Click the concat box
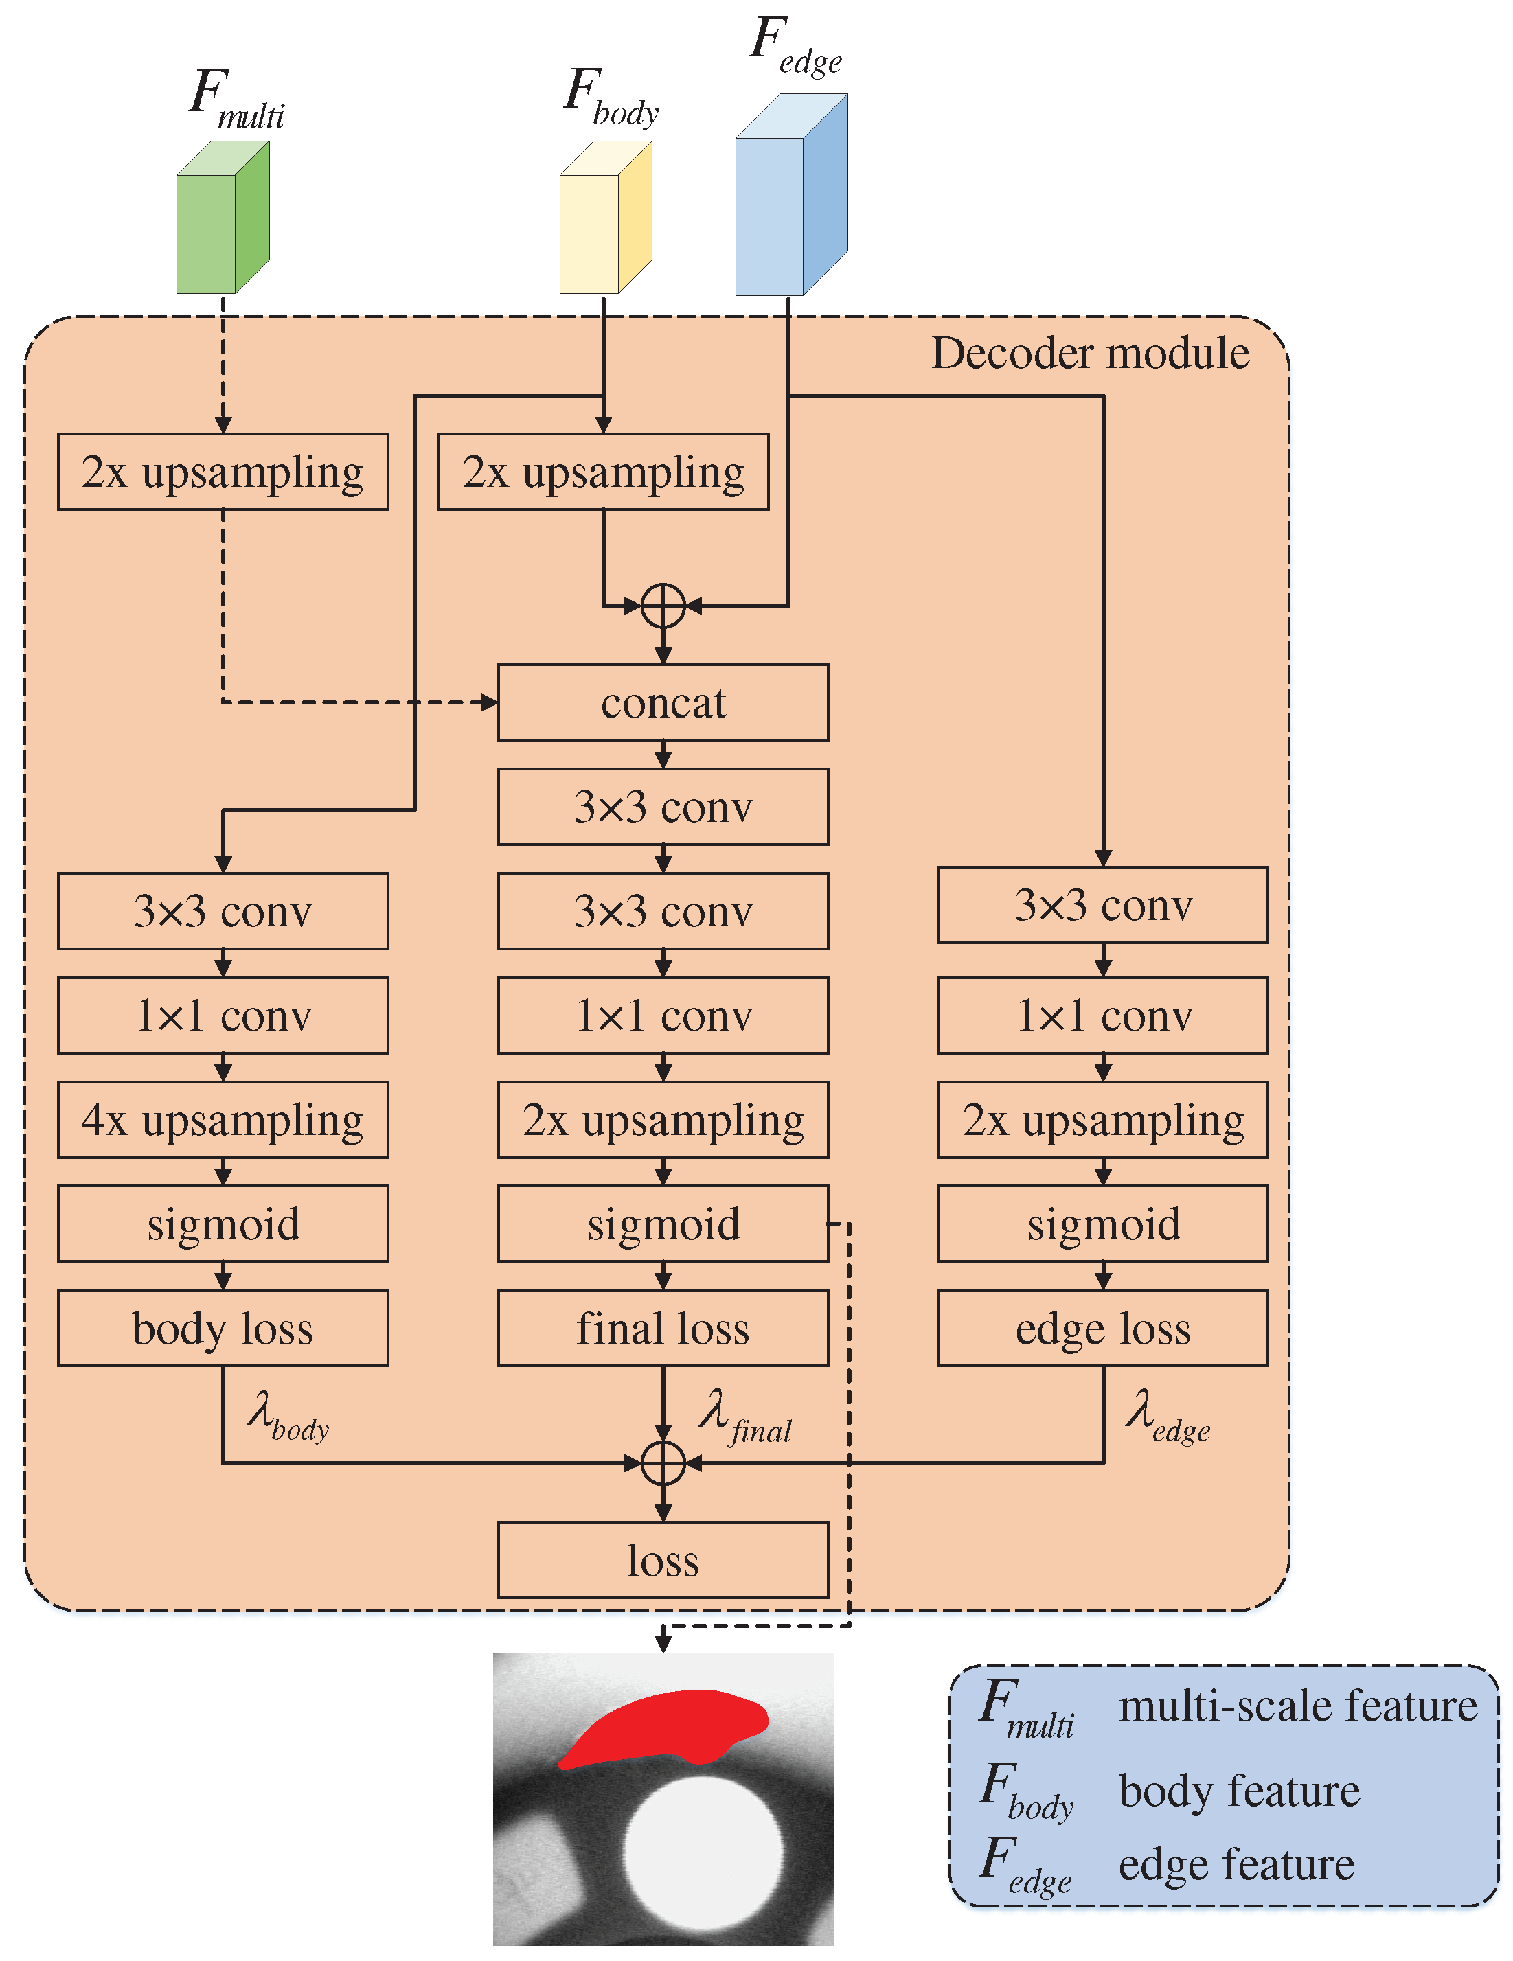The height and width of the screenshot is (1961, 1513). click(662, 702)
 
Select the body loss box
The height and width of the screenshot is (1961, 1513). click(222, 1327)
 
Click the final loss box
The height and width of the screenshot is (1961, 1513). click(662, 1327)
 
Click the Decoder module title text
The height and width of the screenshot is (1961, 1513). click(1089, 353)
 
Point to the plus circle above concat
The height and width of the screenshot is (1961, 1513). click(663, 606)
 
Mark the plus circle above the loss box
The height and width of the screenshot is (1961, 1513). click(663, 1463)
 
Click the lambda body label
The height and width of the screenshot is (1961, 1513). click(286, 1415)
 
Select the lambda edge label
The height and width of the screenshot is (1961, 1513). click(1165, 1415)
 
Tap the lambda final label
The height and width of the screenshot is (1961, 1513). click(744, 1415)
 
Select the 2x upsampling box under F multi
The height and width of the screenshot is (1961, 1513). click(222, 472)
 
